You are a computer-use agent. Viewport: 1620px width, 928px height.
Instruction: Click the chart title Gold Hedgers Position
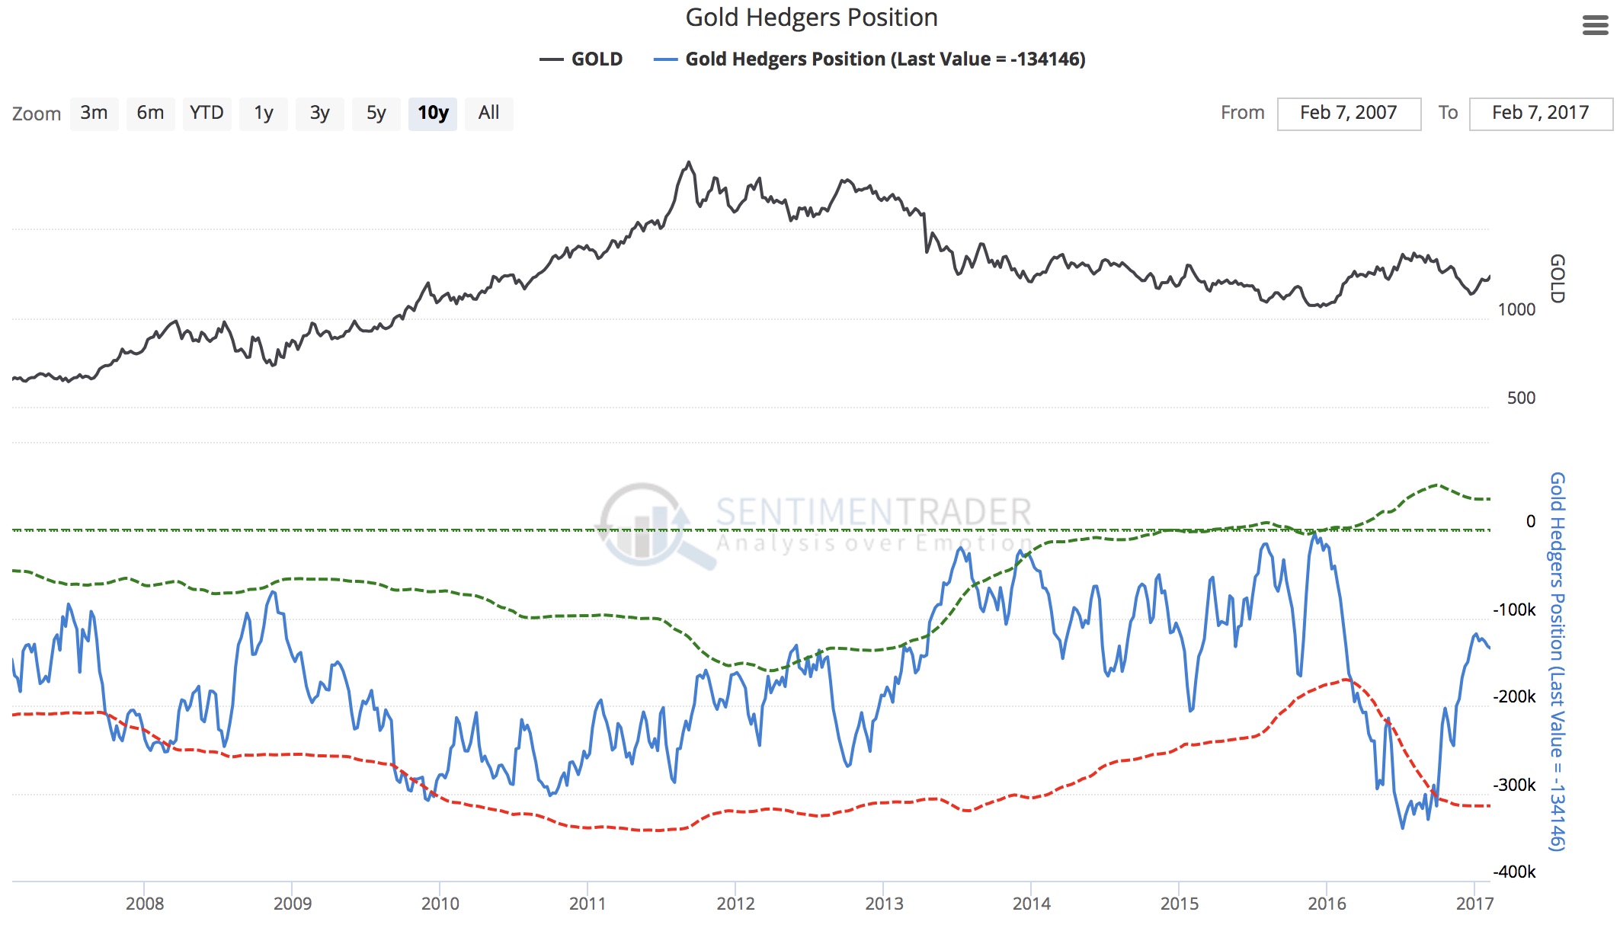click(811, 18)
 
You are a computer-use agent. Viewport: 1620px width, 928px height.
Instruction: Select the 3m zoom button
click(94, 114)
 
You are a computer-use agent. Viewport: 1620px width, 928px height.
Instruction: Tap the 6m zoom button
click(150, 114)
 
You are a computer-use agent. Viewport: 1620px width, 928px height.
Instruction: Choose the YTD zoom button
click(207, 114)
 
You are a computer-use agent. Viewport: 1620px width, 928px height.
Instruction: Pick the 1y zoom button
click(263, 114)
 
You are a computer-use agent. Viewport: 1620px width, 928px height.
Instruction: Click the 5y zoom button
click(376, 114)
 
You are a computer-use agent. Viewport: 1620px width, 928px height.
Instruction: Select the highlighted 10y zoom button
click(432, 114)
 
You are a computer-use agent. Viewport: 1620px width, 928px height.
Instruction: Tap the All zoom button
click(488, 114)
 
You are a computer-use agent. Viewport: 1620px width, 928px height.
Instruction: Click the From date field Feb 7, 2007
click(1348, 114)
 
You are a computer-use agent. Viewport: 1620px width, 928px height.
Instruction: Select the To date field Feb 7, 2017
click(1540, 114)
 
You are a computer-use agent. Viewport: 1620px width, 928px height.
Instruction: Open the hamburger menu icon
click(1595, 26)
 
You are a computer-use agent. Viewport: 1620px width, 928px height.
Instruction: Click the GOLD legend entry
click(582, 59)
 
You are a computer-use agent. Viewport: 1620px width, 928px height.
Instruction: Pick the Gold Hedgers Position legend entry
click(870, 59)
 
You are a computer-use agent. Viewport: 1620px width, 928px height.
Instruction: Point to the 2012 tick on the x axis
click(735, 904)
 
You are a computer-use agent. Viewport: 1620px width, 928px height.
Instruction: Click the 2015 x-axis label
click(1179, 904)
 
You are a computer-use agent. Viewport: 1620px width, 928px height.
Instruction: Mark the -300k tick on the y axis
click(1514, 785)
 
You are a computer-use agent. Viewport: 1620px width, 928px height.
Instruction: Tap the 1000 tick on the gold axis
click(1516, 309)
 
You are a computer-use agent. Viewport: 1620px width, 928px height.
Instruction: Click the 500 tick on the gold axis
click(1521, 398)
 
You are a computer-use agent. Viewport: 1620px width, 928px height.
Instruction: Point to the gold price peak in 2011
click(689, 162)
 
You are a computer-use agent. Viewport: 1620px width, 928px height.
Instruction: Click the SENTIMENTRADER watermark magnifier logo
click(648, 526)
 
